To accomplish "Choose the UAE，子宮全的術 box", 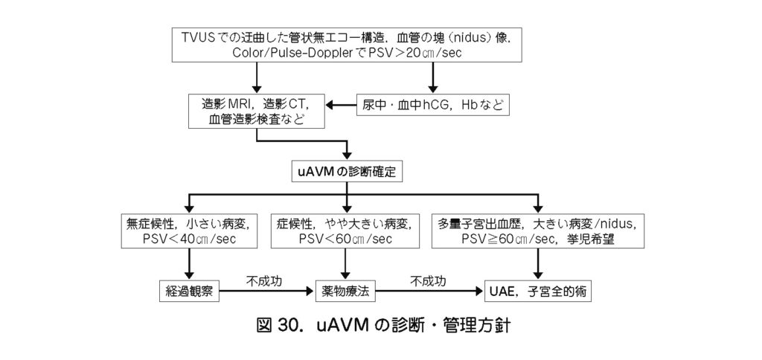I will pyautogui.click(x=538, y=291).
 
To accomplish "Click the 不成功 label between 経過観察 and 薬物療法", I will pyautogui.click(x=266, y=282).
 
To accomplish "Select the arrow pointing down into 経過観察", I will pyautogui.click(x=190, y=265).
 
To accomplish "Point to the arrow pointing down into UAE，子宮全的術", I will pyautogui.click(x=538, y=265).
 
